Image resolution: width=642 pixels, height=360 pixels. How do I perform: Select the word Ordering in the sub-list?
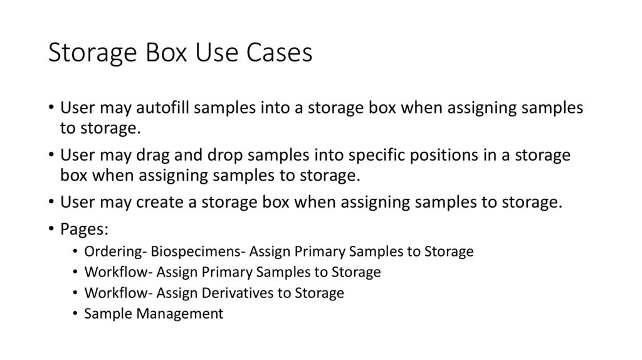[115, 252]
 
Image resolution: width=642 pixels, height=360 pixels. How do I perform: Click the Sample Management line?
[154, 314]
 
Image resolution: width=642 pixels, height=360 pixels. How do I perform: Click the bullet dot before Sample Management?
[75, 314]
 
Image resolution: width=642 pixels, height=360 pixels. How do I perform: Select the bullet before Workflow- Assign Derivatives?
[75, 293]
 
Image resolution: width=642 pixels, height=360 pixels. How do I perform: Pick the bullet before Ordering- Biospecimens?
[75, 252]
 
